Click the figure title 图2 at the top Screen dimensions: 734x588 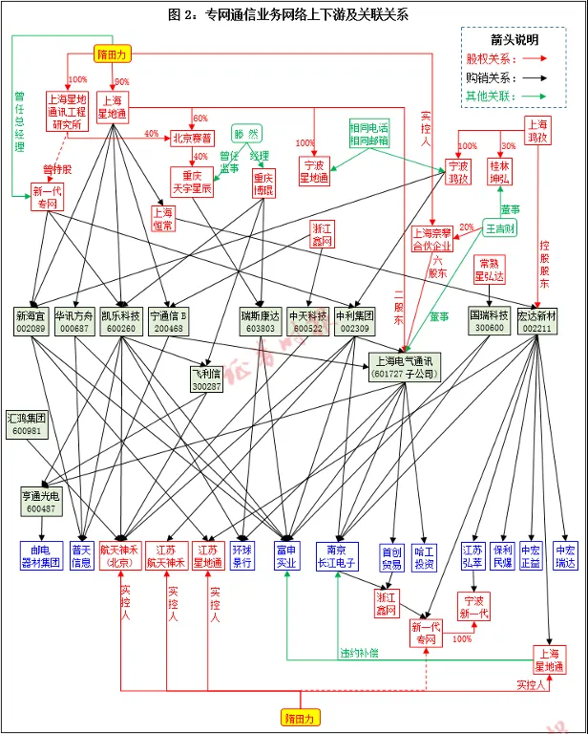pyautogui.click(x=286, y=13)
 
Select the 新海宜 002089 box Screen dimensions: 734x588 pyautogui.click(x=31, y=321)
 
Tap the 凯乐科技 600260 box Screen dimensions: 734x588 pyautogui.click(x=121, y=321)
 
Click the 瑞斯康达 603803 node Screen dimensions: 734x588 pyautogui.click(x=260, y=321)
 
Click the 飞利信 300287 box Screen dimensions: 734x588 pyautogui.click(x=205, y=378)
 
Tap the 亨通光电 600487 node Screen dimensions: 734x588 pyautogui.click(x=39, y=503)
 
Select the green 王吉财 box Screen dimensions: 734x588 pyautogui.click(x=500, y=228)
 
